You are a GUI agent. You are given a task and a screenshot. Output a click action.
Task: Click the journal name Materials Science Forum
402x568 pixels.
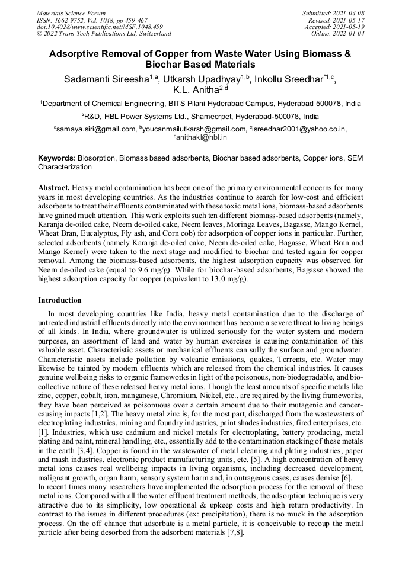[71, 13]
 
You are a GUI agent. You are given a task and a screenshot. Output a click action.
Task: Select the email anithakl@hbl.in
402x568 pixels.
[202, 137]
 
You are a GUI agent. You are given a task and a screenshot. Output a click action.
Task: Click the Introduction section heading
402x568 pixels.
[60, 301]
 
